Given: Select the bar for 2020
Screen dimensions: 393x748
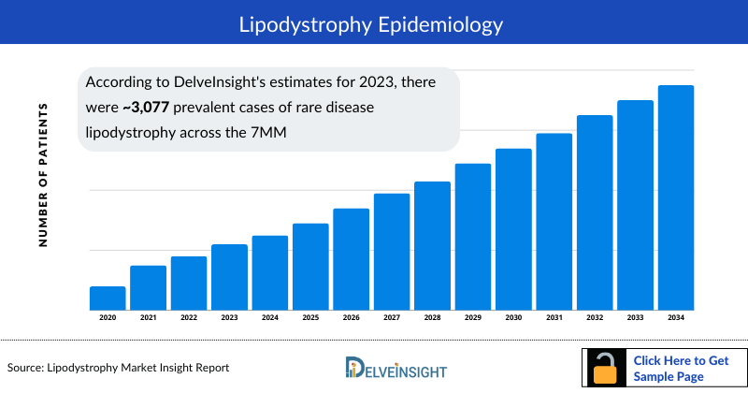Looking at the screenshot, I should click(108, 298).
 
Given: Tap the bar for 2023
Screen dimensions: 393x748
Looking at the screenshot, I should click(229, 277).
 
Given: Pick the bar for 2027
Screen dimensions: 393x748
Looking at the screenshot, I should click(392, 252).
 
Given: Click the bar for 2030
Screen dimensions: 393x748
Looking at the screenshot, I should click(513, 229).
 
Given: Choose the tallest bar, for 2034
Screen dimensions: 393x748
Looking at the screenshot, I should click(676, 197).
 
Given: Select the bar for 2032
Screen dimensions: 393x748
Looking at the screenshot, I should click(595, 212).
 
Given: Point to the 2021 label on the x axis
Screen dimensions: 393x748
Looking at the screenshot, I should click(148, 318).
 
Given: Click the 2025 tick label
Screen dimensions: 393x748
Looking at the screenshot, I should click(310, 318).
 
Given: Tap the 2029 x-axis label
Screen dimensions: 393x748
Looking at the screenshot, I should click(473, 318).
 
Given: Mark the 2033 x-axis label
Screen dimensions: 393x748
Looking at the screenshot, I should click(636, 318).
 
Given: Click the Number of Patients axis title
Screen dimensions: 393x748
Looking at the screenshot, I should click(43, 177).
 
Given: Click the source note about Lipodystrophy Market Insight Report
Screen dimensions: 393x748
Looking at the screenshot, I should click(118, 368).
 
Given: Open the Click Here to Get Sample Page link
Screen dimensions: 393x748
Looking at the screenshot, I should click(680, 368).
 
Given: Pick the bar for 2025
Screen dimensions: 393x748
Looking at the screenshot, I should click(310, 267).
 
